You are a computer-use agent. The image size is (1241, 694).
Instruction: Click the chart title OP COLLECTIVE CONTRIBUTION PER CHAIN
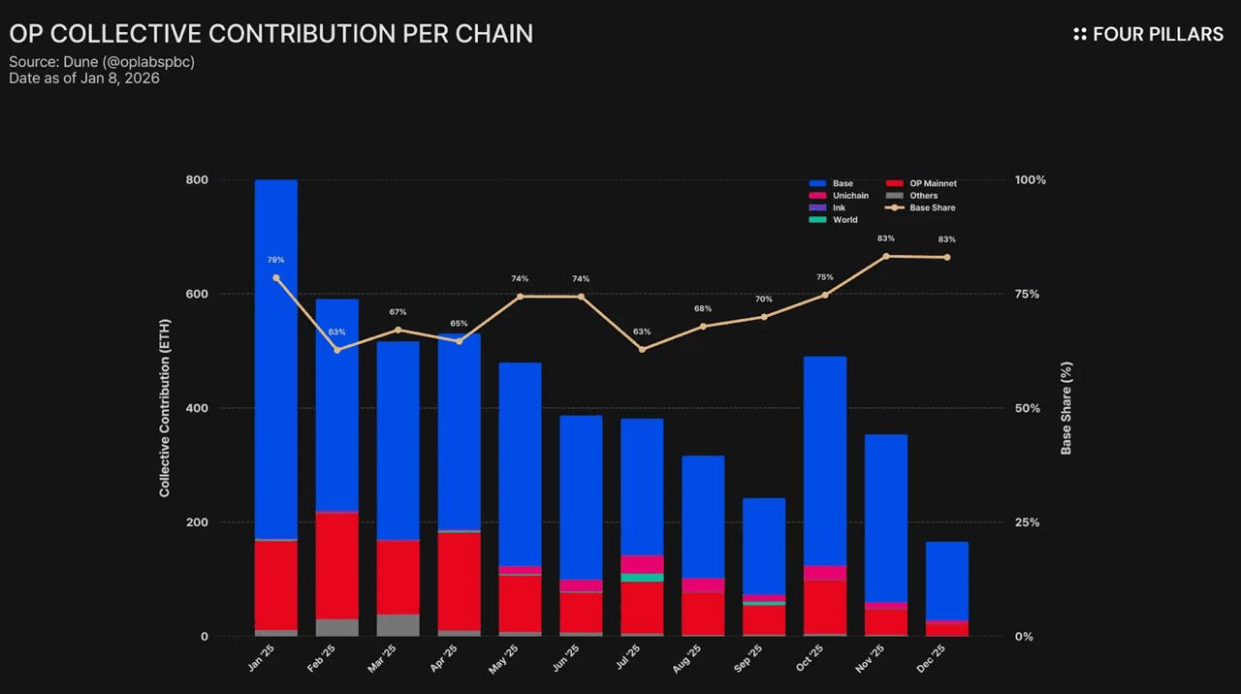(270, 34)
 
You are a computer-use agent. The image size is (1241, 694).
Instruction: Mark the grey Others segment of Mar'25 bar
(398, 625)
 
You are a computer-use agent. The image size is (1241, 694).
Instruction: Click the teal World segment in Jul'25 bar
(642, 578)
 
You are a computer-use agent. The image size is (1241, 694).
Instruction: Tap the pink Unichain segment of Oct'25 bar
(825, 573)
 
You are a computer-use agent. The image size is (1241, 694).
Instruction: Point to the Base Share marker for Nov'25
(886, 256)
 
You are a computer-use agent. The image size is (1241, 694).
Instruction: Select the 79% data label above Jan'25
(276, 260)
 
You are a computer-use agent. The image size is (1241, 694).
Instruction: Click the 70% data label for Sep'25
(764, 299)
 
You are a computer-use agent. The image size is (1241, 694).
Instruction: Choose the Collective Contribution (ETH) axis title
(165, 408)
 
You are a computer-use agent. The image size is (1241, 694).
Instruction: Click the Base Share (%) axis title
(1066, 408)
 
